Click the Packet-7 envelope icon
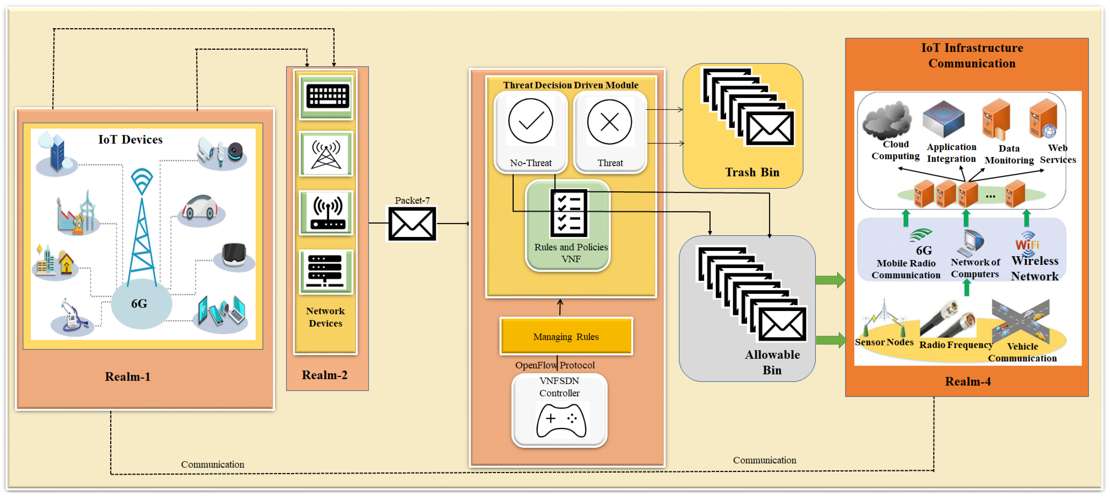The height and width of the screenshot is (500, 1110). tap(412, 224)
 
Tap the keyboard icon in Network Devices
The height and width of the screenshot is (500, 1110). tap(326, 96)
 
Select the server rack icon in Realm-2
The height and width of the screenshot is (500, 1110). tap(326, 271)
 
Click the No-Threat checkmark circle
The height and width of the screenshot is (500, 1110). tap(531, 121)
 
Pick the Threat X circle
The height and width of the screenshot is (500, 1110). tap(609, 122)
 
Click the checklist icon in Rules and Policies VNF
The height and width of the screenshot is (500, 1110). tap(568, 213)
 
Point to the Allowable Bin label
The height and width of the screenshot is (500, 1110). tap(772, 362)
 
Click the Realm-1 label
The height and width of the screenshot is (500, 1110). tap(127, 377)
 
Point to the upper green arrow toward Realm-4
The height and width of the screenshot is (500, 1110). tap(829, 280)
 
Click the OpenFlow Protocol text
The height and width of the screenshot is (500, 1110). tap(555, 365)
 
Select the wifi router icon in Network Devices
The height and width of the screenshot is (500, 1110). tap(326, 213)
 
